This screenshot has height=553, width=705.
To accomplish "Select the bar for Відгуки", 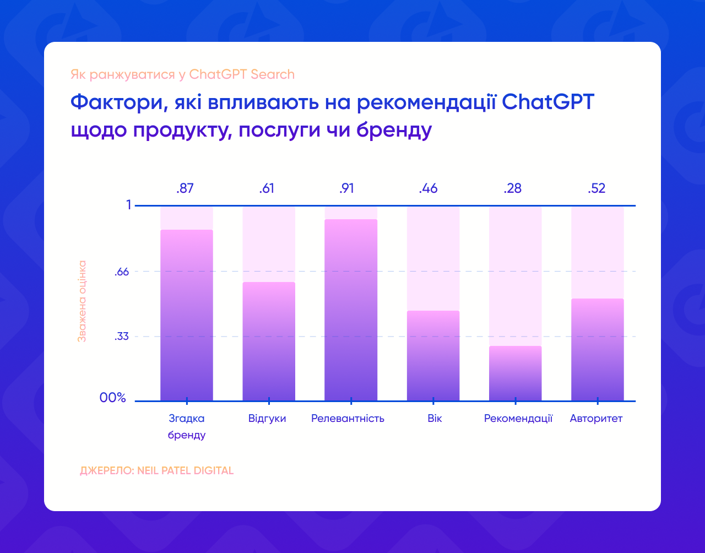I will click(269, 341).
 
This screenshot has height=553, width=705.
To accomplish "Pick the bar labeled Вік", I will click(433, 356).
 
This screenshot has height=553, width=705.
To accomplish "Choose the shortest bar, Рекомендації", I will click(515, 373).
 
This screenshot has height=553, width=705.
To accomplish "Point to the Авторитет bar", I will click(597, 350).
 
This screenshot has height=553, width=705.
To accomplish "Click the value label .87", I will click(185, 189).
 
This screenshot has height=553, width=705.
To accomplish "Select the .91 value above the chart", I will click(346, 189).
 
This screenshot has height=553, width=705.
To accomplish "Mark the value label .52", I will click(596, 189).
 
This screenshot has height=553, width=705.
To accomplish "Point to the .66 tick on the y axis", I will click(121, 272).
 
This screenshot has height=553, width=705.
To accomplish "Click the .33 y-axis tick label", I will click(121, 337).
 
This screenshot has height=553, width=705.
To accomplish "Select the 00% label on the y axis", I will click(113, 398).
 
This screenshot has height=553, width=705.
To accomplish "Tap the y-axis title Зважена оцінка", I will click(82, 301).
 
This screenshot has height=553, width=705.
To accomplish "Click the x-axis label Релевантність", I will click(348, 419).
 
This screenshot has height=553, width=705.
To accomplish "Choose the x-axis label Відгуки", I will click(267, 419).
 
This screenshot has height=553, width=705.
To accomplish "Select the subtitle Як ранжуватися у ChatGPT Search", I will click(182, 74).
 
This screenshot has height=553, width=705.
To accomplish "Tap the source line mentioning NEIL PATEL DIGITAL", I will click(156, 471).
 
